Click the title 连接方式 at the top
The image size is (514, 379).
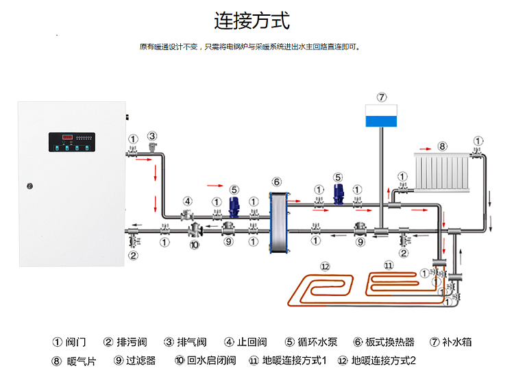[252, 21]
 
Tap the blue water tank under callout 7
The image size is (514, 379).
[382, 117]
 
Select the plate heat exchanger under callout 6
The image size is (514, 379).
[278, 215]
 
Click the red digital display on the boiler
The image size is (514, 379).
[68, 137]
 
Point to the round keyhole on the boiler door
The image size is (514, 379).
[29, 185]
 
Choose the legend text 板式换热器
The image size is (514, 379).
[389, 342]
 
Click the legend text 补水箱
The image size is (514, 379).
[457, 342]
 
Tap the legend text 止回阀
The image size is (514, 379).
[253, 342]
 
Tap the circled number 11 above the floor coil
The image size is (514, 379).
[389, 265]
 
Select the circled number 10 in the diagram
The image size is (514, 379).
[194, 245]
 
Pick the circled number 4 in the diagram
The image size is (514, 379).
[187, 201]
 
